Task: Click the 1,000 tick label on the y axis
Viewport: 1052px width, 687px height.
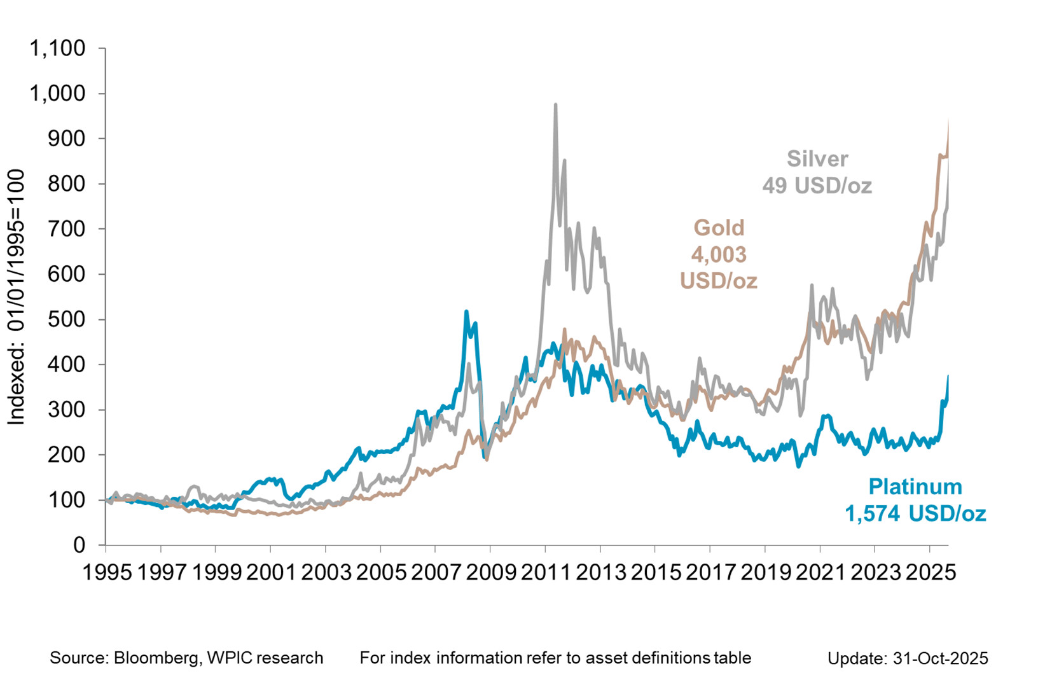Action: (57, 94)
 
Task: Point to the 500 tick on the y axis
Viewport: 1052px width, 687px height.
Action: (66, 319)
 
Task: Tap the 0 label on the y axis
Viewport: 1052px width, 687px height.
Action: (79, 545)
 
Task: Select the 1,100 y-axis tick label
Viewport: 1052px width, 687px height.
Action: (57, 48)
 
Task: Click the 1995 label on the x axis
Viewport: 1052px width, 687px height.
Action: (107, 572)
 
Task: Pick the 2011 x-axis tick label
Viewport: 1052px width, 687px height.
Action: (546, 572)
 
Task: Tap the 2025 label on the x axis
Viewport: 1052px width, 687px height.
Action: (931, 572)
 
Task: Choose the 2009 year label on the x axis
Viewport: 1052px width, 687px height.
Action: (490, 572)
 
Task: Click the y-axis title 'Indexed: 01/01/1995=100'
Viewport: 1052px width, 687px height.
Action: (16, 297)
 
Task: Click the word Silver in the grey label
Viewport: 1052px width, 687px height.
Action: (817, 158)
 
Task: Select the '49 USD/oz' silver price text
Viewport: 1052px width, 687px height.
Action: (817, 186)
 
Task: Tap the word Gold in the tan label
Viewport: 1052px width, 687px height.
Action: (719, 228)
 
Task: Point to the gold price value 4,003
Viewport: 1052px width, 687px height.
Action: (719, 254)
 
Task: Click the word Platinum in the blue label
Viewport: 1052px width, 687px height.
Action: (915, 487)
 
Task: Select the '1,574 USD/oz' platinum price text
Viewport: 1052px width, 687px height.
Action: (915, 513)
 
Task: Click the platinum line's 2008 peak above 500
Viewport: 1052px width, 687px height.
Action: (466, 312)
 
